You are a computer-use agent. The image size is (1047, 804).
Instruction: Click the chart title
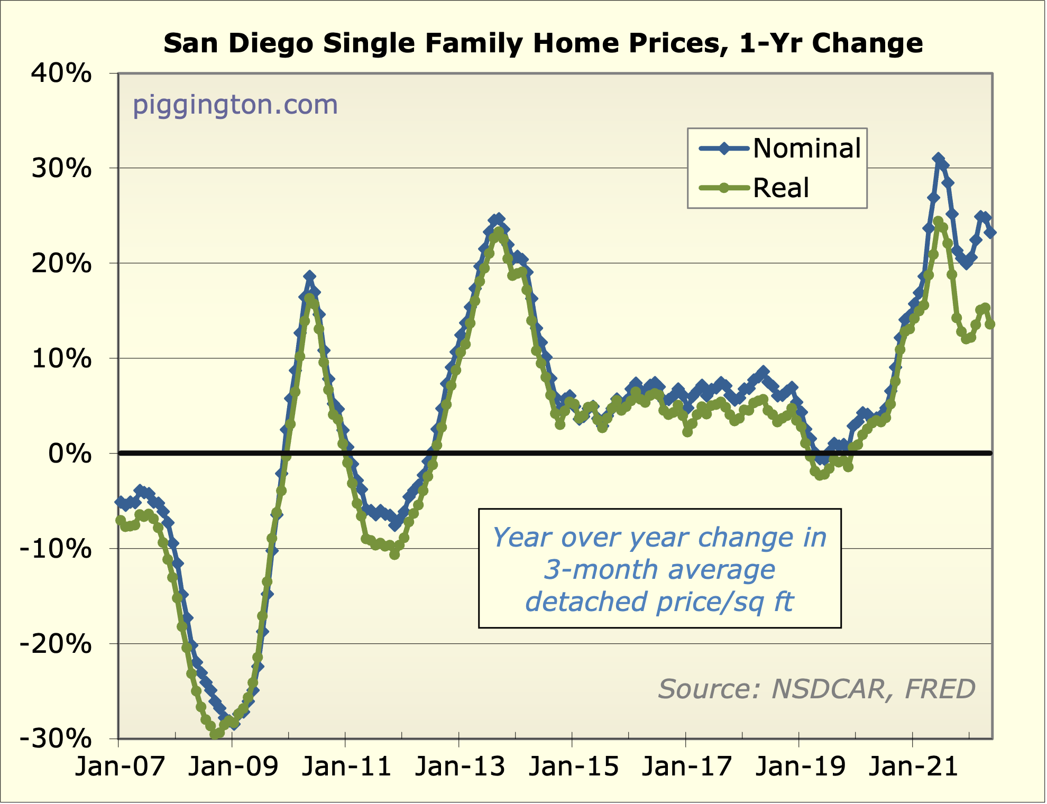pos(543,43)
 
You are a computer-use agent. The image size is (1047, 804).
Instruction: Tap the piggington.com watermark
pos(235,105)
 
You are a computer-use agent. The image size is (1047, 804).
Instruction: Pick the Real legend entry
pos(780,188)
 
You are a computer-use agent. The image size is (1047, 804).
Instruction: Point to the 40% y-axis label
pos(61,73)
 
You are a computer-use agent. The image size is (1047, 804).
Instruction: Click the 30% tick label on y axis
pos(61,169)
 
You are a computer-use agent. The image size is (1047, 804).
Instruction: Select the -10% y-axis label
pos(56,549)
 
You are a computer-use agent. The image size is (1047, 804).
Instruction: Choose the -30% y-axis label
pos(56,739)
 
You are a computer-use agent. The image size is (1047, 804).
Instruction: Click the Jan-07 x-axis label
pos(120,766)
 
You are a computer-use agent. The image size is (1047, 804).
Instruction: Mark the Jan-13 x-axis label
pos(460,766)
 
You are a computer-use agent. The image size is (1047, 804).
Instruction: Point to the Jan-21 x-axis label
pos(913,766)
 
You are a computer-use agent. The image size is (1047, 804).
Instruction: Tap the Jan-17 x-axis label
pos(686,766)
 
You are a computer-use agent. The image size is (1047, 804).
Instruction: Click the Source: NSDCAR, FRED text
pos(816,689)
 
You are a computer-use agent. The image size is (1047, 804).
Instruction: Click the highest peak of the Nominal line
pos(939,159)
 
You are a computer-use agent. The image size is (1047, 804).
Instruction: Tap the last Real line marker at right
pos(990,324)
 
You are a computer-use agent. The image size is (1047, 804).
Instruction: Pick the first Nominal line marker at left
pos(121,501)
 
